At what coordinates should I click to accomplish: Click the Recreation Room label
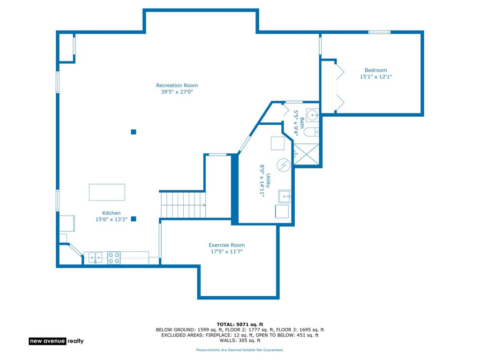[x=177, y=85]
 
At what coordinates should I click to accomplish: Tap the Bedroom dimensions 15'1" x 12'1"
[x=375, y=77]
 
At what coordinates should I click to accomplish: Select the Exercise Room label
[x=226, y=245]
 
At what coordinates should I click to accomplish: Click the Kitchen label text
[x=111, y=213]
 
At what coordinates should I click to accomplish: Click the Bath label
[x=302, y=123]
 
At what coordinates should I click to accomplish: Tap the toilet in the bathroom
[x=311, y=132]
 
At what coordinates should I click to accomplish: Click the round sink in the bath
[x=313, y=115]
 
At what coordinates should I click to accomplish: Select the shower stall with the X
[x=306, y=154]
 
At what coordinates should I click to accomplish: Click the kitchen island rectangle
[x=107, y=192]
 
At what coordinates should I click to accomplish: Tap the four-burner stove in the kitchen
[x=114, y=258]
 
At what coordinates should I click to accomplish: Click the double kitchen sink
[x=96, y=258]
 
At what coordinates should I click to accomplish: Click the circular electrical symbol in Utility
[x=284, y=165]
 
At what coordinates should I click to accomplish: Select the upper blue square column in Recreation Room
[x=134, y=132]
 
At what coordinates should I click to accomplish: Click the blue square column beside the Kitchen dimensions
[x=134, y=219]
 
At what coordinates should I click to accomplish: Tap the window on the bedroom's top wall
[x=379, y=32]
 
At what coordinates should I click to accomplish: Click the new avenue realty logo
[x=56, y=341]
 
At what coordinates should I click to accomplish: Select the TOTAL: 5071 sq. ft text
[x=240, y=324]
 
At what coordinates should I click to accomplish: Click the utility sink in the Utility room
[x=285, y=196]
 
